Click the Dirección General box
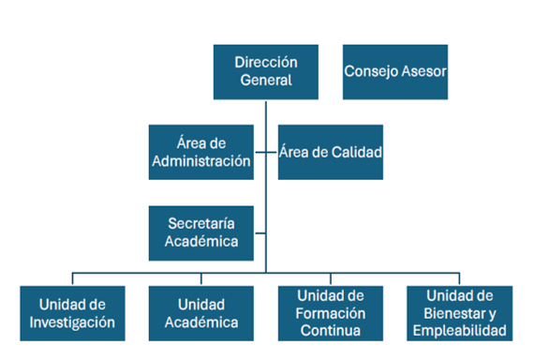tap(266, 71)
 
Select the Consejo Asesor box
tap(394, 71)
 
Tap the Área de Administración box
tap(200, 151)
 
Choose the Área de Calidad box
tap(331, 151)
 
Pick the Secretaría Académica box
tap(200, 232)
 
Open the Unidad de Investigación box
tap(72, 313)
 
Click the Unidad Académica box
tap(200, 313)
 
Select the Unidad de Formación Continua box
tap(330, 313)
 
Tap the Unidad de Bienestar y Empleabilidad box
tap(459, 313)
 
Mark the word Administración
tap(200, 160)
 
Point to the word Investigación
tap(72, 322)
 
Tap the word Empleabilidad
tap(459, 330)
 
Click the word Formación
tap(330, 313)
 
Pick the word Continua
tap(330, 330)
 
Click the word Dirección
tap(266, 62)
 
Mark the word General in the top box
tap(266, 81)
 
